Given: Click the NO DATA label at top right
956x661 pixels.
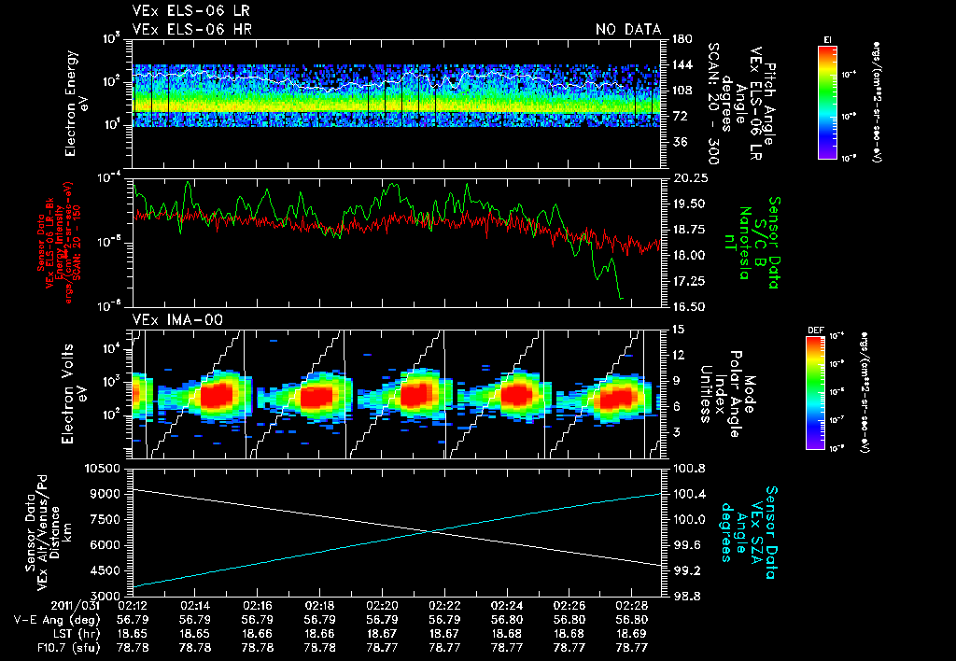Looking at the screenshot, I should click(627, 30).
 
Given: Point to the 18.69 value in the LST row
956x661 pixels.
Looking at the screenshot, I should click(631, 632).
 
